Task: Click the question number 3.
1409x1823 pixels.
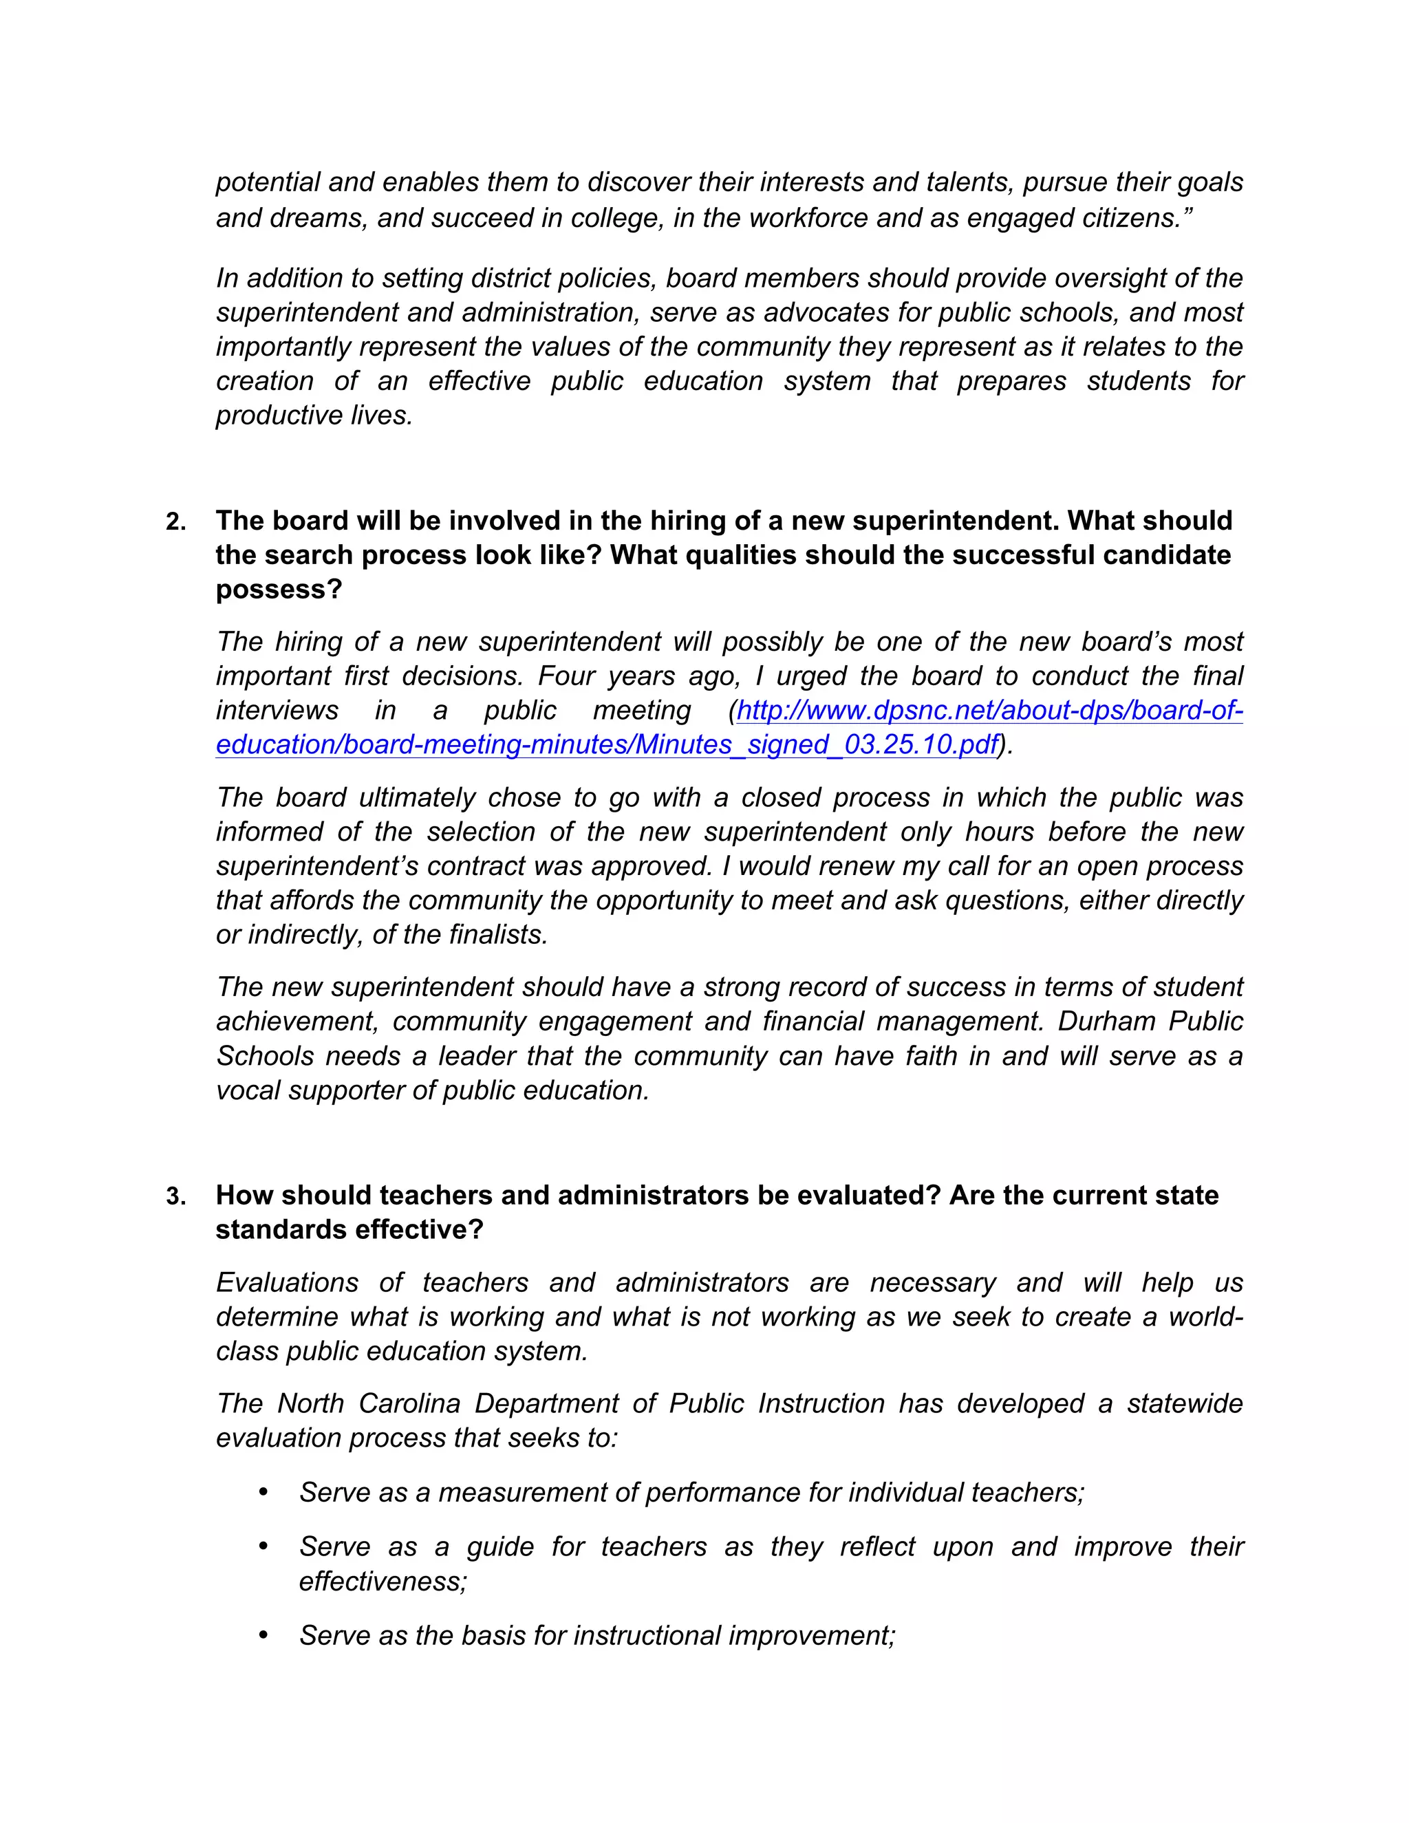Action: tap(175, 1197)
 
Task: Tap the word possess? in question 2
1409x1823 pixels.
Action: tap(279, 590)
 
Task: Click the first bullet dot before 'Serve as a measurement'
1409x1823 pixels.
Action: tap(263, 1491)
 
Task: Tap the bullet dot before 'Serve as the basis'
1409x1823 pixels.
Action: tap(263, 1635)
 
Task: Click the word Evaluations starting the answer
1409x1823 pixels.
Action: tap(287, 1282)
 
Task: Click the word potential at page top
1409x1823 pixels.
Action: tap(267, 182)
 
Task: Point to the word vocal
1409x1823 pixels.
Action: tap(248, 1090)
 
